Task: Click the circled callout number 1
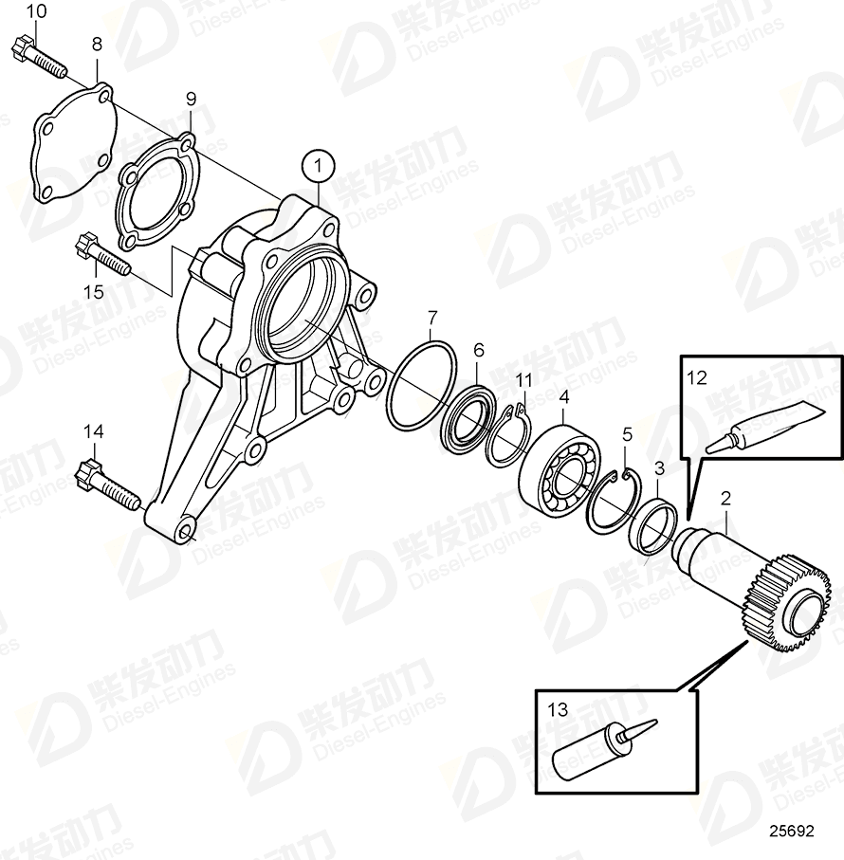pos(319,167)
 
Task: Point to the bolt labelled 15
pos(101,254)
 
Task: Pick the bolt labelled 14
pos(107,484)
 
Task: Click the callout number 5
pos(626,435)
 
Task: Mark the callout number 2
pos(725,497)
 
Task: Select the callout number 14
pos(92,431)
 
